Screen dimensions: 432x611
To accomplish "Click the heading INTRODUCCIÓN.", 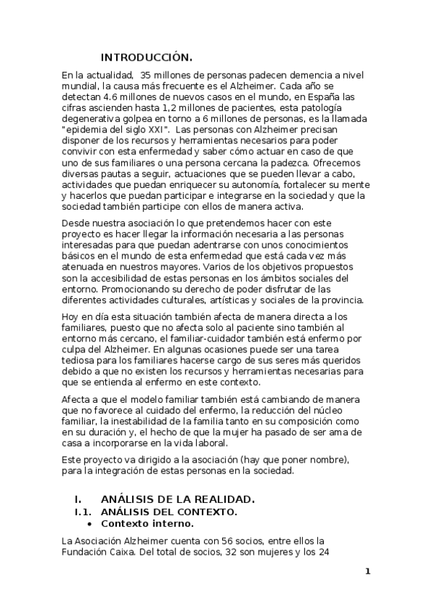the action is tap(146, 58).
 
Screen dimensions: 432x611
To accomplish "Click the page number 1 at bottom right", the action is tap(367, 572).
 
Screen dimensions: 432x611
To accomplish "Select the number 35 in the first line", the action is tap(146, 74).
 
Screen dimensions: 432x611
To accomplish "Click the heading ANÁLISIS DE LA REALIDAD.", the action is tap(177, 499).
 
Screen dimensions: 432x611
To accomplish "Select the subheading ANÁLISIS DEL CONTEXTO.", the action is tap(169, 512).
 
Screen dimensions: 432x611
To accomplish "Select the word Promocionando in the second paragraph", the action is tap(97, 289).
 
